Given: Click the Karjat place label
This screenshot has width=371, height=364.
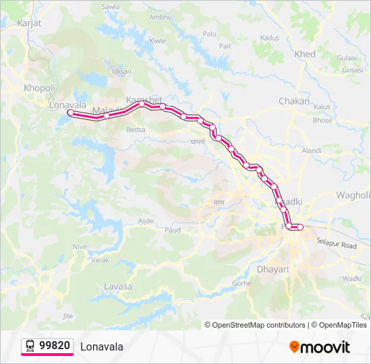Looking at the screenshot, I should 29,23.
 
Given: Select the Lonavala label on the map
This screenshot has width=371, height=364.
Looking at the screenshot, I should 67,105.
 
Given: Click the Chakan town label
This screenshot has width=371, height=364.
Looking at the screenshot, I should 294,101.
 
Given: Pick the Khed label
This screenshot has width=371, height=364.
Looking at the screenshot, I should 305,54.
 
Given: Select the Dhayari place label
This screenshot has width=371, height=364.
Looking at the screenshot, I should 273,270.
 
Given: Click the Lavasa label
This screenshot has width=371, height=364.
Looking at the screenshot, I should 118,286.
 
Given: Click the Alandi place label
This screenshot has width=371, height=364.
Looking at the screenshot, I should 312,150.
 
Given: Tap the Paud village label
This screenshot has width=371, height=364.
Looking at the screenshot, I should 172,230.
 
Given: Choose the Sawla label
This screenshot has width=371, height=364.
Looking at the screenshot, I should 110,7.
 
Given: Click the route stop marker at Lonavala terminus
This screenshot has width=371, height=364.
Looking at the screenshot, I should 70,113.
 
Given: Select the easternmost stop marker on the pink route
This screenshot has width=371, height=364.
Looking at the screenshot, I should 301,227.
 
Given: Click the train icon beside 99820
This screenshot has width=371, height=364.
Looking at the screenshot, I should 30,346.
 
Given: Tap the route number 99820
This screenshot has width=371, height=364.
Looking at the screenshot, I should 55,346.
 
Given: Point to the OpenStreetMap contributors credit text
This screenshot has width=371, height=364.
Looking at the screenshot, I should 255,325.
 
